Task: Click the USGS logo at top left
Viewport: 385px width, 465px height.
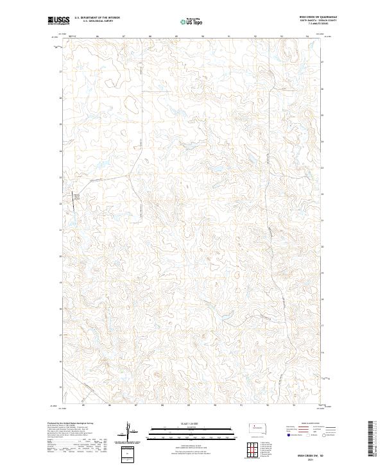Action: (59, 21)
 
